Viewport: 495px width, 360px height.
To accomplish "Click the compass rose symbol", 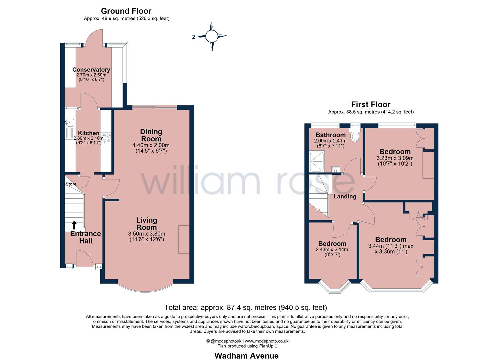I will pyautogui.click(x=211, y=36).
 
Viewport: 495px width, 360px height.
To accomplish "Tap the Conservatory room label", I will pyautogui.click(x=91, y=70).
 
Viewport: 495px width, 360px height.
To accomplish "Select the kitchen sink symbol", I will pyautogui.click(x=70, y=122).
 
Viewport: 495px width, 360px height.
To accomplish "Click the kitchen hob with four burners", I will pyautogui.click(x=106, y=138).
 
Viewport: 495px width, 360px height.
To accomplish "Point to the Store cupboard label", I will pyautogui.click(x=71, y=184).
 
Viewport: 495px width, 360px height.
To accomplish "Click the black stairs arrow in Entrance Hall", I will pyautogui.click(x=74, y=225).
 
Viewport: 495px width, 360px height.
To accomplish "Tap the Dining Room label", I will pyautogui.click(x=151, y=135).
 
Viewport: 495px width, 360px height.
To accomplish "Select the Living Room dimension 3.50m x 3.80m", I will pyautogui.click(x=146, y=234).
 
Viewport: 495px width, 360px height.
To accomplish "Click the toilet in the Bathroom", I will pyautogui.click(x=355, y=135).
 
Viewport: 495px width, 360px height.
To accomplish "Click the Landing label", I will pyautogui.click(x=345, y=196).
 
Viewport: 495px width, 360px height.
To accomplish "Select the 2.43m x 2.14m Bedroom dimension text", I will pyautogui.click(x=332, y=250).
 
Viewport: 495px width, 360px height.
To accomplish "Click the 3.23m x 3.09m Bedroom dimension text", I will pyautogui.click(x=395, y=158).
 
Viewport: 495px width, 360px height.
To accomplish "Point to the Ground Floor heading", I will pyautogui.click(x=126, y=11).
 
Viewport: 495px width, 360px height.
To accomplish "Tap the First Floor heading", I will pyautogui.click(x=370, y=104).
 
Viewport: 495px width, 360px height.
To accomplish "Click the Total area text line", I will pyautogui.click(x=245, y=307).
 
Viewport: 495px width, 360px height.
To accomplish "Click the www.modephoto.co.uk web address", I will pyautogui.click(x=266, y=341).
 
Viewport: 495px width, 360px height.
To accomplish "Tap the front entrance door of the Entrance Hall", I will pyautogui.click(x=82, y=258).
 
